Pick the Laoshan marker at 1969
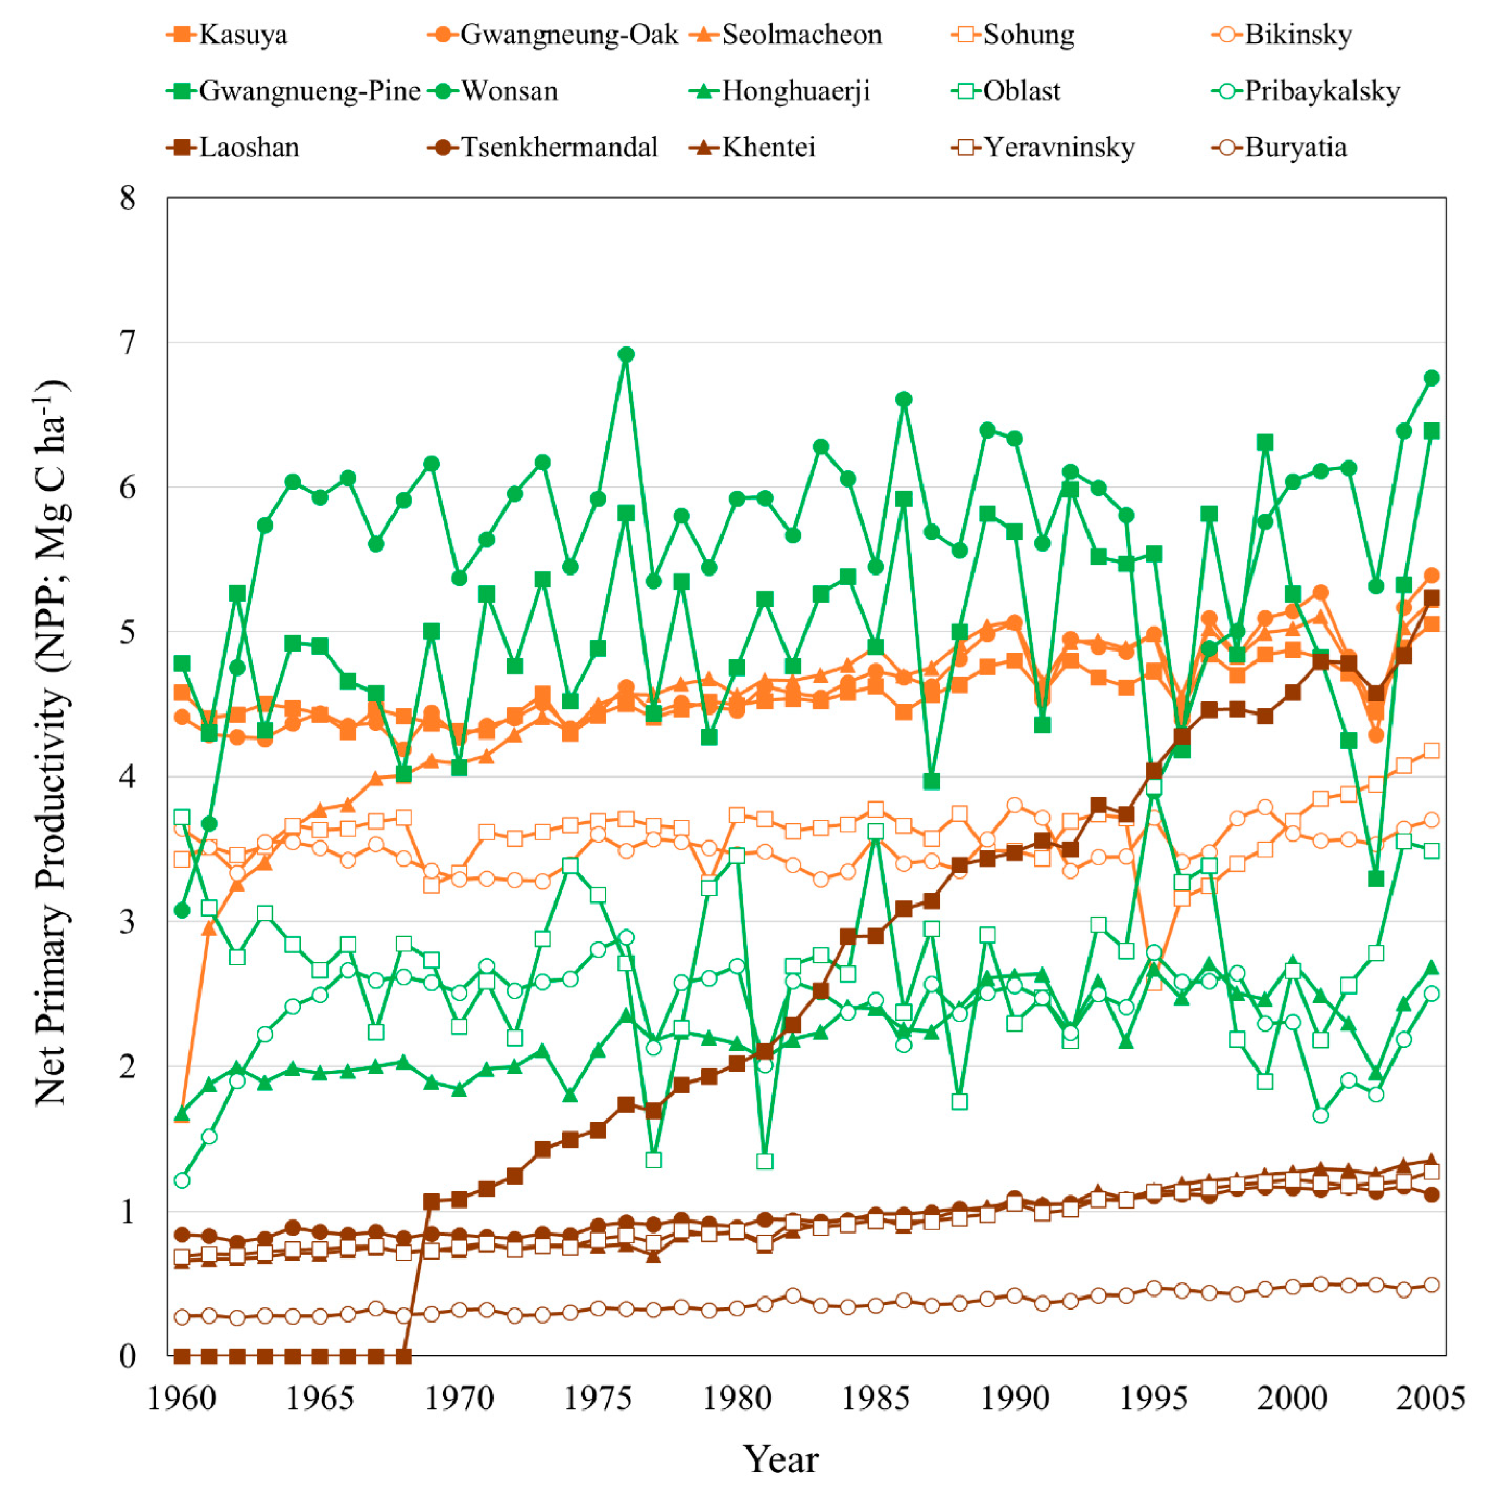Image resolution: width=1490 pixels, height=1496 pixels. pos(432,1201)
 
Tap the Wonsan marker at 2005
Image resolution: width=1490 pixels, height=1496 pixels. pos(1431,378)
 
